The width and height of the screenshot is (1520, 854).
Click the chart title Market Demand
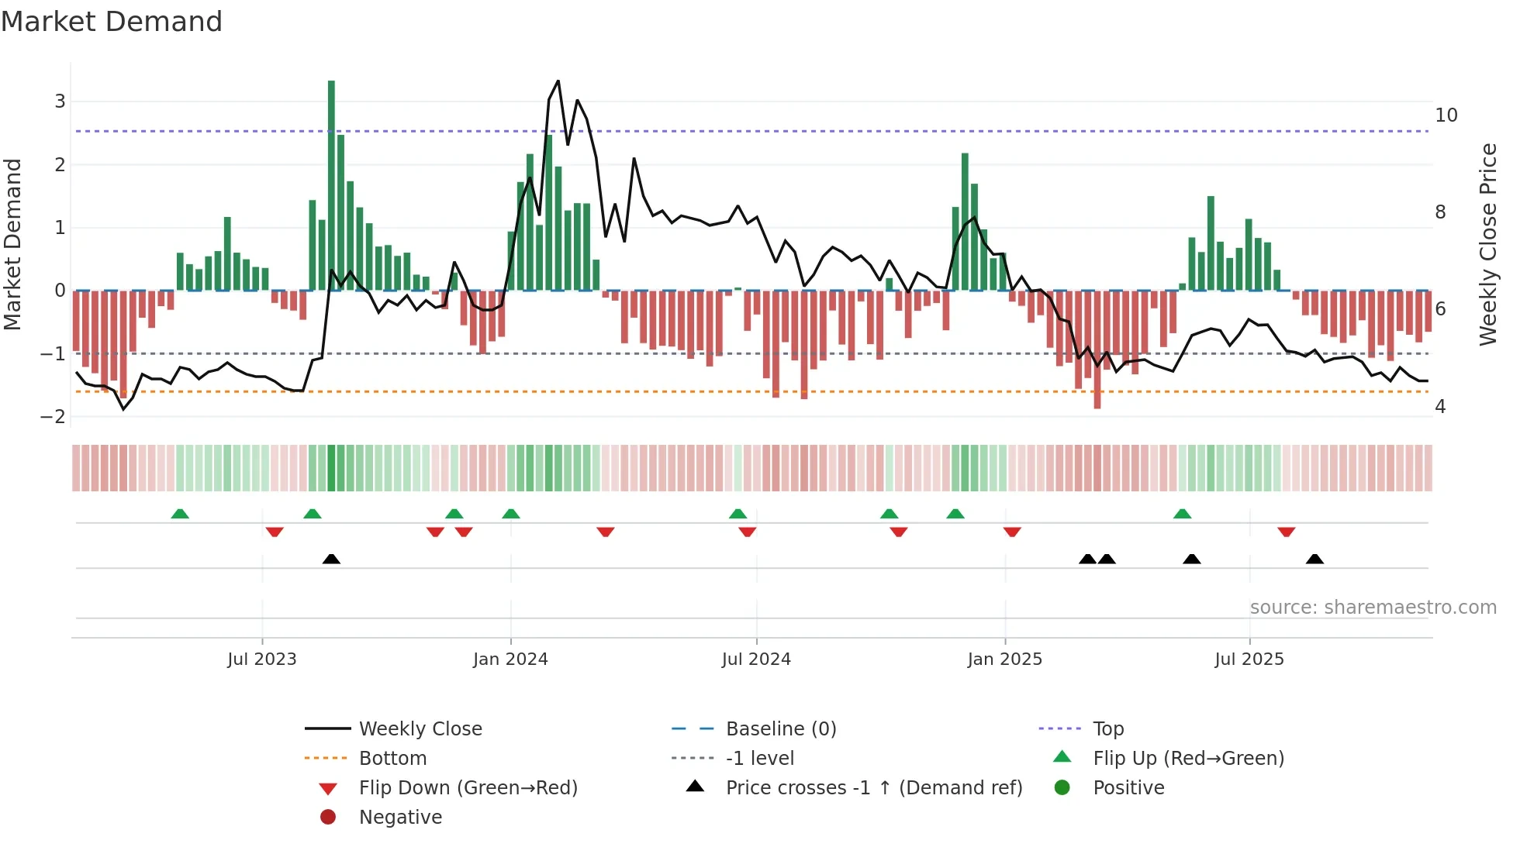click(x=112, y=22)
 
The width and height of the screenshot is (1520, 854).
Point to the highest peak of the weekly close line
click(x=558, y=81)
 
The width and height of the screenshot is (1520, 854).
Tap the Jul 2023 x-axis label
click(x=262, y=659)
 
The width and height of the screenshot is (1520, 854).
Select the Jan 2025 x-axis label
click(x=1004, y=659)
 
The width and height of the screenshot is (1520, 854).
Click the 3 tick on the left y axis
click(x=60, y=102)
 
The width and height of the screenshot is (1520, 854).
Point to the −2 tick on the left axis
click(x=54, y=416)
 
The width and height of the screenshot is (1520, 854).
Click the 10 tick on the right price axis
click(x=1446, y=115)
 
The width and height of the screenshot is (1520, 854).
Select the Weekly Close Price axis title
click(x=1487, y=244)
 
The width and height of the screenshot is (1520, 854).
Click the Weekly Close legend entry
click(x=420, y=728)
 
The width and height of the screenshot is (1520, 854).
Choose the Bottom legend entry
click(x=392, y=758)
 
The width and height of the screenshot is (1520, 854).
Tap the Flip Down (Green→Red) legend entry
click(x=468, y=787)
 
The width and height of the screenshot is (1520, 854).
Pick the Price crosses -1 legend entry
click(x=873, y=787)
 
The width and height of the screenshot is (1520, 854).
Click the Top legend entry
click(x=1107, y=728)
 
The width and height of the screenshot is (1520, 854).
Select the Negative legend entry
click(x=400, y=817)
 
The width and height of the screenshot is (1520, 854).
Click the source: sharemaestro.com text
click(x=1373, y=607)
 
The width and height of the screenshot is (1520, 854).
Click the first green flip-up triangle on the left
click(x=180, y=514)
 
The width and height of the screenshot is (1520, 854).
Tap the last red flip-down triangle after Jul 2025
click(x=1286, y=532)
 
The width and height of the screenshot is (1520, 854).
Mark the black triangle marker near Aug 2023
click(x=331, y=559)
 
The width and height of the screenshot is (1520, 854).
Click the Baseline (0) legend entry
click(x=780, y=728)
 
